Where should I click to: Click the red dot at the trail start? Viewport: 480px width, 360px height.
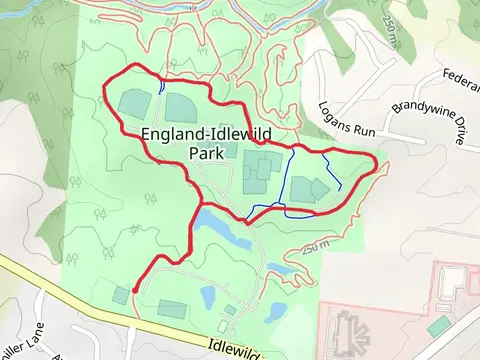point(135,291)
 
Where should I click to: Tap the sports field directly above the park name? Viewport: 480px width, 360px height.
point(180,106)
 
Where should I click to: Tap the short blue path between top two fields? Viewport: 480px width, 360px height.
point(161,88)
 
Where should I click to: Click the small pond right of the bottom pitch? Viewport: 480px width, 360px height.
point(208,296)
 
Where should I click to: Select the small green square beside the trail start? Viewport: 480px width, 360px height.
point(121,294)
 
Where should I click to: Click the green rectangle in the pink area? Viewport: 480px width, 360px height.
point(438,326)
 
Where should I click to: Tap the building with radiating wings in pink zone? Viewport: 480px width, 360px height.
point(351,329)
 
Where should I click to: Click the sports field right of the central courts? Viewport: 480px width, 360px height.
point(306,189)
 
